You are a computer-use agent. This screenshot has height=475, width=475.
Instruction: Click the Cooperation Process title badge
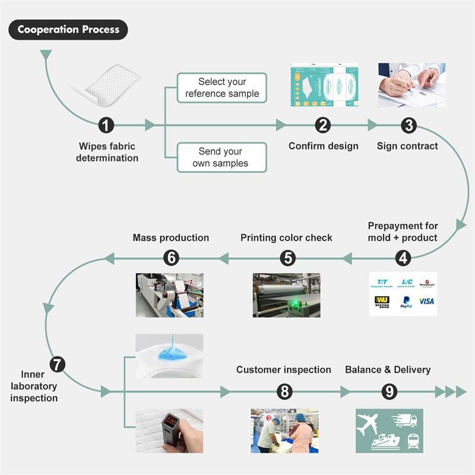[x=68, y=29]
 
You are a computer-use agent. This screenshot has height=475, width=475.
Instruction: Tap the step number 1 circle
[x=106, y=125]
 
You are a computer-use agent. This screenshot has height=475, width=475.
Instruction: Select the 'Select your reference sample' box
[x=222, y=88]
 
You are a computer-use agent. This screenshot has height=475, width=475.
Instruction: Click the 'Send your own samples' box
[x=222, y=157]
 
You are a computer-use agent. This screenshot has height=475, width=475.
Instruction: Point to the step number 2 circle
[x=323, y=125]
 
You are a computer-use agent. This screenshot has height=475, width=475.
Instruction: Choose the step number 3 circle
[x=408, y=125]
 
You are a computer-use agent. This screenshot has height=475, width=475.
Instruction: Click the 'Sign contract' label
[x=407, y=146]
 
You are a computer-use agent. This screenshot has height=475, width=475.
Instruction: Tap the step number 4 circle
[x=404, y=258]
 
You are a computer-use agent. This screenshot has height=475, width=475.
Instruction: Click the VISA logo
[x=426, y=301]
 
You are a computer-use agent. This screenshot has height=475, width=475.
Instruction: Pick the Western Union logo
[x=382, y=302]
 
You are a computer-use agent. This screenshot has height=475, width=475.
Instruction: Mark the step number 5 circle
[x=288, y=258]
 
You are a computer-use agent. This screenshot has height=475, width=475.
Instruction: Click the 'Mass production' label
[x=171, y=237]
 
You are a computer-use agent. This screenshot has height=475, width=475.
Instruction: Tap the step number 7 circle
[x=57, y=364]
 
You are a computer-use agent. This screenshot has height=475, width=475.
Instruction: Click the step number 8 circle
[x=285, y=391]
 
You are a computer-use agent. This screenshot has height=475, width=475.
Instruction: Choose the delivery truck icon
[x=406, y=420]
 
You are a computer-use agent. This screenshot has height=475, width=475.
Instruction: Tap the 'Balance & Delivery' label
[x=388, y=370]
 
